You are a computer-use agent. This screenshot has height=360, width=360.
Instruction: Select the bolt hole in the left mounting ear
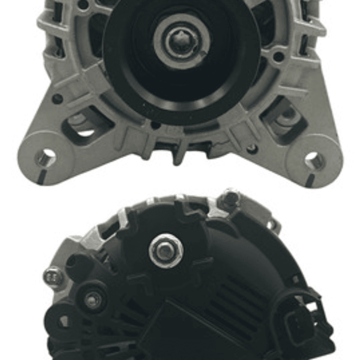tap(47, 158)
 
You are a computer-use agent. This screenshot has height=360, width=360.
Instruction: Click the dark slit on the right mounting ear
tap(311, 179)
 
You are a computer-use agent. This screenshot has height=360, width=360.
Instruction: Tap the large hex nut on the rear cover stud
tap(166, 250)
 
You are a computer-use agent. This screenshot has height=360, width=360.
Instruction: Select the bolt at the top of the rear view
tap(231, 198)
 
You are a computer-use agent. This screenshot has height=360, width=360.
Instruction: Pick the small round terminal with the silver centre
tap(93, 300)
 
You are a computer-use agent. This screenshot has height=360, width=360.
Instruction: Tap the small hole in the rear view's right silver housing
tap(271, 225)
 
